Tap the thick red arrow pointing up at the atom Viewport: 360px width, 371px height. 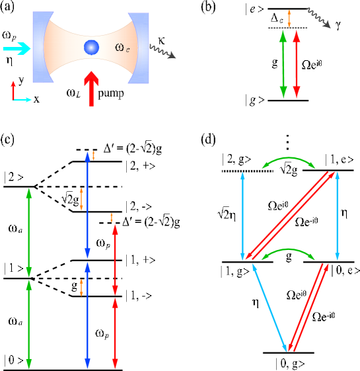pyautogui.click(x=91, y=89)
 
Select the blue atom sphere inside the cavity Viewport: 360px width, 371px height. pyautogui.click(x=91, y=47)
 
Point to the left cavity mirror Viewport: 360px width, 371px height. pyautogui.click(x=40, y=46)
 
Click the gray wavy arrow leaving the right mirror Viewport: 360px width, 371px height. pyautogui.click(x=162, y=52)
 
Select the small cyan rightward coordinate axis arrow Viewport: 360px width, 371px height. pyautogui.click(x=23, y=100)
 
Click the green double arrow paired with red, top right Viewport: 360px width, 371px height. pyautogui.click(x=283, y=64)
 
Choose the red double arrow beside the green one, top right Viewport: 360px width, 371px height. pyautogui.click(x=296, y=64)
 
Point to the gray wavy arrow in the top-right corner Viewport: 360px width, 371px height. pyautogui.click(x=318, y=18)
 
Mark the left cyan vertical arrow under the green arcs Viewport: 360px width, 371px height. pyautogui.click(x=242, y=216)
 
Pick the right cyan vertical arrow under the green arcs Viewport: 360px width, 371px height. pyautogui.click(x=337, y=216)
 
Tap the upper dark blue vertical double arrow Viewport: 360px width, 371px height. pyautogui.click(x=87, y=205)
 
